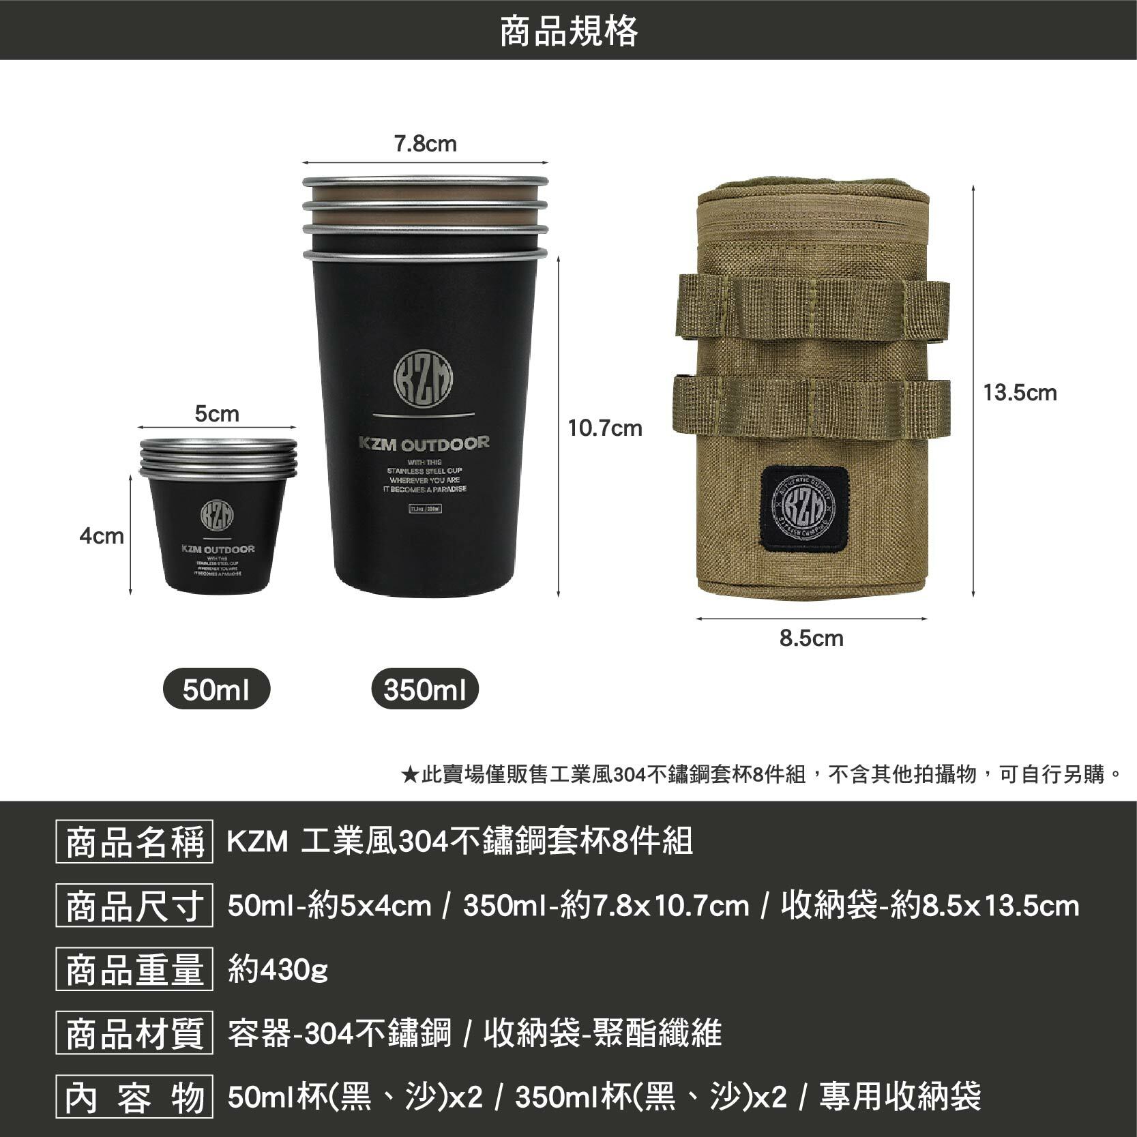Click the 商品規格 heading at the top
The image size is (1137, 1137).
pyautogui.click(x=568, y=31)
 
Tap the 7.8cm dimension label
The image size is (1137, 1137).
pyautogui.click(x=426, y=145)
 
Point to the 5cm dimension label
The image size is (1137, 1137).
pyautogui.click(x=217, y=414)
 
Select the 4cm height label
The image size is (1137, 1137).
pyautogui.click(x=102, y=536)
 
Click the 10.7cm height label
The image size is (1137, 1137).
pyautogui.click(x=605, y=428)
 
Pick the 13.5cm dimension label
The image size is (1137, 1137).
pyautogui.click(x=1020, y=393)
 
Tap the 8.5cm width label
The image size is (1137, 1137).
pyautogui.click(x=812, y=638)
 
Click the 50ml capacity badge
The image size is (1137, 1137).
pyautogui.click(x=217, y=690)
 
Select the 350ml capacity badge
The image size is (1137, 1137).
pyautogui.click(x=425, y=690)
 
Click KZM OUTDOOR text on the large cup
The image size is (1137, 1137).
pyautogui.click(x=424, y=444)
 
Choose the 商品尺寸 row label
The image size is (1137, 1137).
pyautogui.click(x=134, y=906)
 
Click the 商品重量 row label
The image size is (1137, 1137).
pyautogui.click(x=134, y=969)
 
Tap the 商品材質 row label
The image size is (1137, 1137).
pyautogui.click(x=134, y=1033)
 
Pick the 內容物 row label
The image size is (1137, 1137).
pyautogui.click(x=134, y=1097)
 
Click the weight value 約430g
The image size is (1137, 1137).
pyautogui.click(x=278, y=969)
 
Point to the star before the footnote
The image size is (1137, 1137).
pyautogui.click(x=410, y=775)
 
